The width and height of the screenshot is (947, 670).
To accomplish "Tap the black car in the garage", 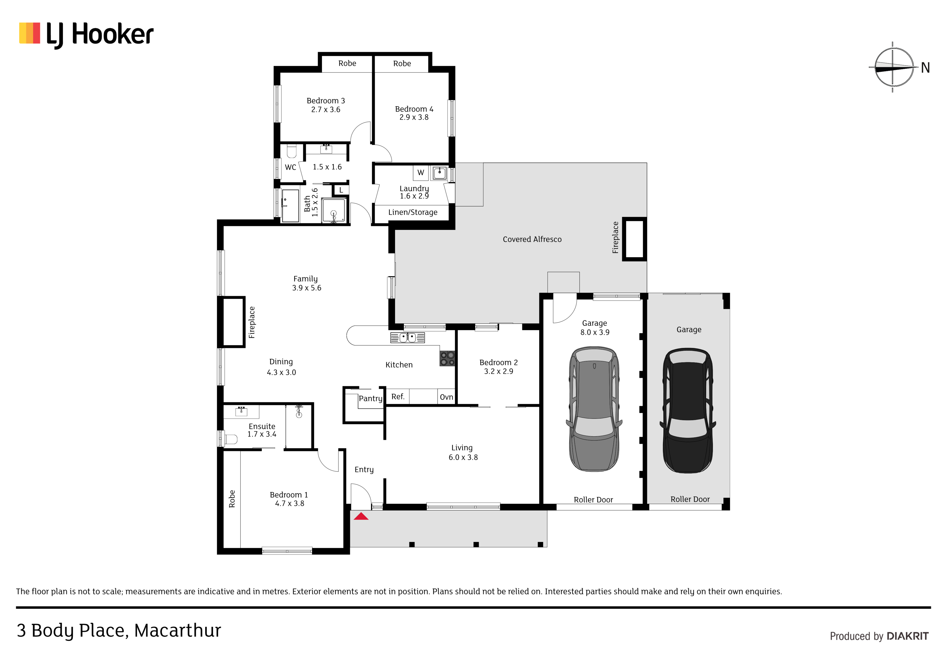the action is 688,410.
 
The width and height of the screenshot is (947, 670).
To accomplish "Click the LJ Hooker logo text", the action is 100,35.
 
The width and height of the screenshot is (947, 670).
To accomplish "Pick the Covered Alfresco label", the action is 532,239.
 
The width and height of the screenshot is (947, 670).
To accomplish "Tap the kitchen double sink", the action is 408,338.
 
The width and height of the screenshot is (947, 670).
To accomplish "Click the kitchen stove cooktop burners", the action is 447,358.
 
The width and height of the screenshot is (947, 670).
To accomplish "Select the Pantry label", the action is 370,398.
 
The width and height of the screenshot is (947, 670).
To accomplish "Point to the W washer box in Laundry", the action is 421,173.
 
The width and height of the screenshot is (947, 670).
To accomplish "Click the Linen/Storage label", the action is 412,212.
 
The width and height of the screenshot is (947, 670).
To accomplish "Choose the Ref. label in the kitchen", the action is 398,397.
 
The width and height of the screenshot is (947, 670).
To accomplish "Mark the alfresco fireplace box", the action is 634,239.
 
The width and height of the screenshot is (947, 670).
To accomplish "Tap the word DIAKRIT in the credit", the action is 907,636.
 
